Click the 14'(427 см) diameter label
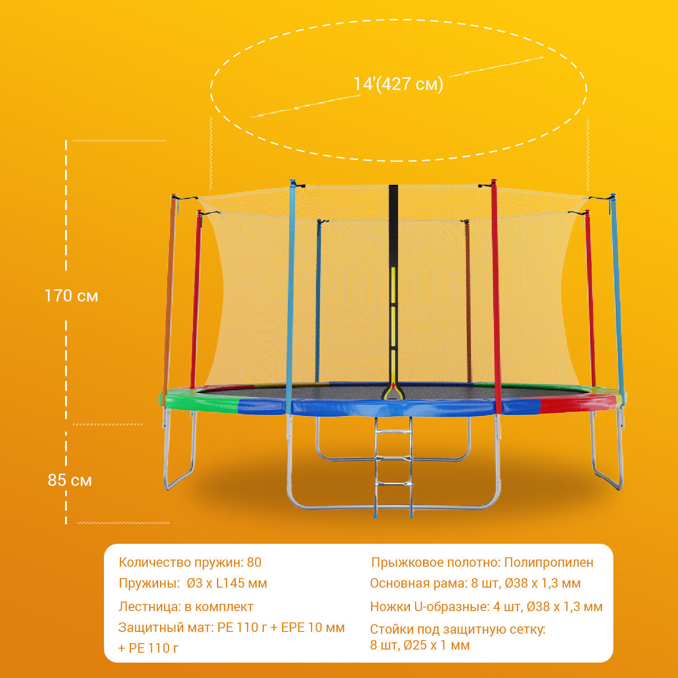point(398,85)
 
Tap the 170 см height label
point(71,296)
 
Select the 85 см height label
point(70,480)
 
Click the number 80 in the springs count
point(254,562)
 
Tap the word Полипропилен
point(548,562)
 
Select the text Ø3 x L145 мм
point(227,583)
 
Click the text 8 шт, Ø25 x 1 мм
point(420,645)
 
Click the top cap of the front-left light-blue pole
point(292,182)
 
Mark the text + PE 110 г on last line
point(148,648)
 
